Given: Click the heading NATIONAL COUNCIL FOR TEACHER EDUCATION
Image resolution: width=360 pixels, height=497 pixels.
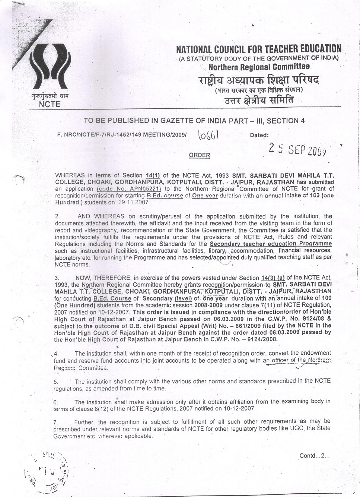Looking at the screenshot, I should coord(258,49).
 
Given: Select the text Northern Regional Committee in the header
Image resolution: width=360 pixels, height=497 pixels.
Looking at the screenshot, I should coord(259,67).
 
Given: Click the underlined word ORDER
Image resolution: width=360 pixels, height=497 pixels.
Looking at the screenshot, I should coord(200,155).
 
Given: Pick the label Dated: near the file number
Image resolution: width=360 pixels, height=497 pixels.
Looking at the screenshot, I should coord(259,135).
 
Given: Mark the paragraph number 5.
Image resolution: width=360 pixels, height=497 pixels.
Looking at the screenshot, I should coord(56,382).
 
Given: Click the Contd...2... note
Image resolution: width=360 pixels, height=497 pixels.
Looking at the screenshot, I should coord(315,455).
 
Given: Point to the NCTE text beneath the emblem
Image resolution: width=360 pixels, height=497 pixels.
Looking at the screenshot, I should coord(50,104).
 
